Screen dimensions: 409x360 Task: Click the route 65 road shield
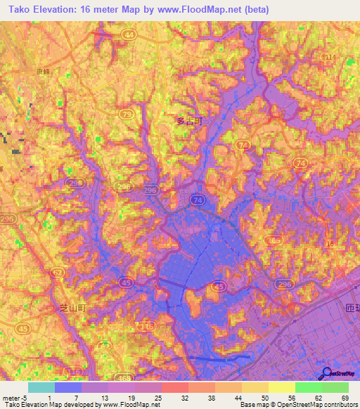[274, 241]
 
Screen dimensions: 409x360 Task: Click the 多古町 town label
[188, 121]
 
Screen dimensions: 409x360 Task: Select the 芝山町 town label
[71, 308]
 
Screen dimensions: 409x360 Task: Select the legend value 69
[345, 397]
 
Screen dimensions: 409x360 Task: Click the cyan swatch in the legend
[41, 387]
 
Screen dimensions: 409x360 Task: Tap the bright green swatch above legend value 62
[308, 387]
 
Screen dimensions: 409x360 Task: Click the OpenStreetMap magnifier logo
[325, 375]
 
